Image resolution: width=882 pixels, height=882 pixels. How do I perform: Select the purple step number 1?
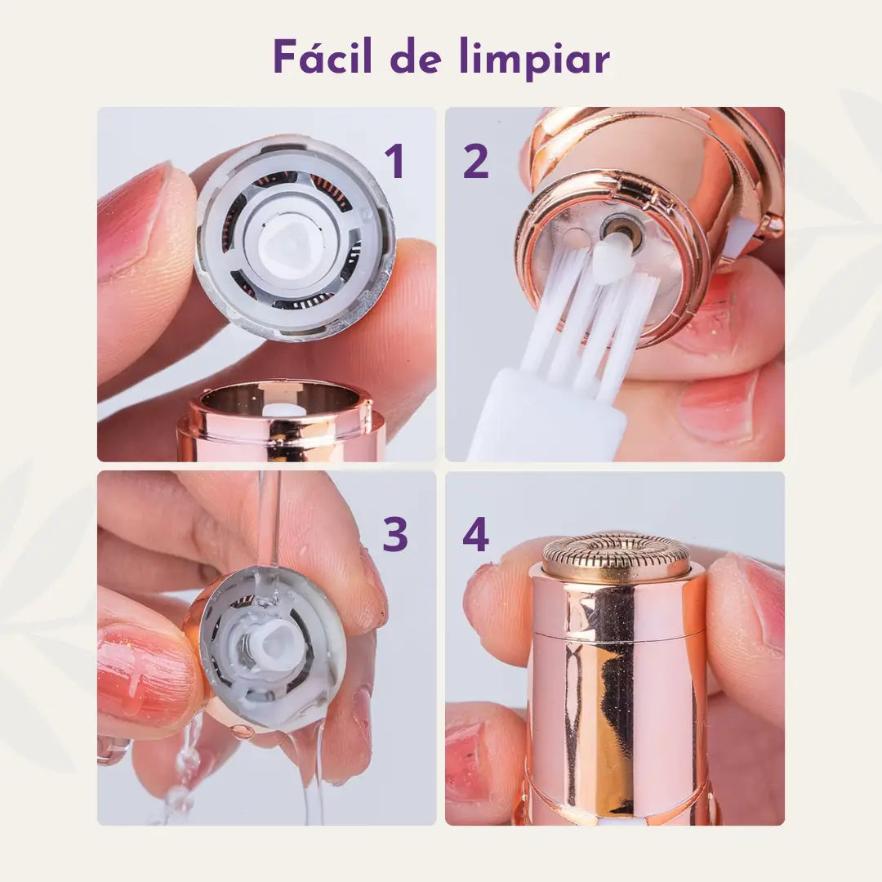pos(395,161)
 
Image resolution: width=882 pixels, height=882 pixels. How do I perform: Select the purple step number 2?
pos(476,161)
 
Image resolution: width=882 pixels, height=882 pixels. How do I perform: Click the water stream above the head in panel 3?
pos(268,514)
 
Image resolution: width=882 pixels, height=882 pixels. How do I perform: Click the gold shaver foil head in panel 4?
pos(616,556)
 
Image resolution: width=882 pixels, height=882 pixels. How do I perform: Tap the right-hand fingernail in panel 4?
pos(764,599)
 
